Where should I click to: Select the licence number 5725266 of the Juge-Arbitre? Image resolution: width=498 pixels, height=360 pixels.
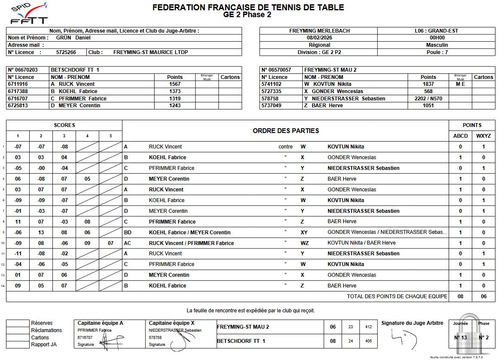(x=66, y=52)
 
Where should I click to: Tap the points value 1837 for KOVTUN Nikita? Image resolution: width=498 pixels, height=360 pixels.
(x=428, y=84)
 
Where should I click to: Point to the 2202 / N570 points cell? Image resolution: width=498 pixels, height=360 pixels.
(x=428, y=99)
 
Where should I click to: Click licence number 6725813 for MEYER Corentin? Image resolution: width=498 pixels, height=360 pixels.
(x=18, y=106)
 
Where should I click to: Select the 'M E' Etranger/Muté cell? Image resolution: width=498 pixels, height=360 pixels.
(x=460, y=84)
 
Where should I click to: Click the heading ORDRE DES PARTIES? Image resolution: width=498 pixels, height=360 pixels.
(x=285, y=131)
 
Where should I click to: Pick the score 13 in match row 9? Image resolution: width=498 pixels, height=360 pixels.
(x=41, y=233)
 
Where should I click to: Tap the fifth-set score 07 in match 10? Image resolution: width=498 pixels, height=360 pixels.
(x=110, y=243)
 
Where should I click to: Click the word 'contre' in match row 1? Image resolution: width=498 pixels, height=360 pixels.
(x=285, y=147)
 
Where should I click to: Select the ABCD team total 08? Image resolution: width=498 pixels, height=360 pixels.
(x=460, y=296)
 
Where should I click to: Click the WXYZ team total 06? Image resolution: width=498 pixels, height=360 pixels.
(x=483, y=296)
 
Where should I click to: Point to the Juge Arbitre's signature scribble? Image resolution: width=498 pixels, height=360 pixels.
(x=404, y=339)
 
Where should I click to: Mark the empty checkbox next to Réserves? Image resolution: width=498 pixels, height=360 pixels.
(x=18, y=323)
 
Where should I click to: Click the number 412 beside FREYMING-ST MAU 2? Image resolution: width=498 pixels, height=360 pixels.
(x=368, y=327)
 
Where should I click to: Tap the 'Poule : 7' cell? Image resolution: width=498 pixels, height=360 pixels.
(x=437, y=52)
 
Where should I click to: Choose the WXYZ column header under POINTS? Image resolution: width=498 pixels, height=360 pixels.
(x=483, y=136)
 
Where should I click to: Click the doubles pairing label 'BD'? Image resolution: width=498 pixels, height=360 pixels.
(x=128, y=233)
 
